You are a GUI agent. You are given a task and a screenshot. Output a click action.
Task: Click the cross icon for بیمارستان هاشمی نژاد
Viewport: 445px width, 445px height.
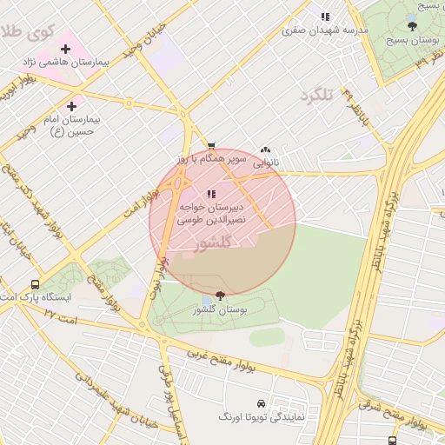66,49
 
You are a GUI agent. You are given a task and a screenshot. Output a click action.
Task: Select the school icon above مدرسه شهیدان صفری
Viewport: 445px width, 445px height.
325,17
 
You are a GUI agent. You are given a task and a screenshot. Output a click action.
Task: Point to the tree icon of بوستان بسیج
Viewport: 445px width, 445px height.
412,26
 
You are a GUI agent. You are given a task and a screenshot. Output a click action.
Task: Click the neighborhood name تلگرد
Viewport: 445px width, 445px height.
316,94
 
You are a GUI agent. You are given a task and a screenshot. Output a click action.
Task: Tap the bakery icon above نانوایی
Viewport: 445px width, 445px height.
265,149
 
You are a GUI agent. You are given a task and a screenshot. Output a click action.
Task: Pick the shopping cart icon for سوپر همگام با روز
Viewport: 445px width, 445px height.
211,147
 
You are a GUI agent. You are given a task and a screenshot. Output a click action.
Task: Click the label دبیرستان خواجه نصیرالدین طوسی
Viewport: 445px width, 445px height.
212,215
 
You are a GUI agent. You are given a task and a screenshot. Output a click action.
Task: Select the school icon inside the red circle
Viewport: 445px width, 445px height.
211,194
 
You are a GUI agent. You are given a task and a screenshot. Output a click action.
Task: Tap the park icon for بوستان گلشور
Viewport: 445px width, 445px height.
220,296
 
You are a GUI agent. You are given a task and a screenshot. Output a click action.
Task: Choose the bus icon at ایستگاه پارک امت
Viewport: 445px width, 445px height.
35,284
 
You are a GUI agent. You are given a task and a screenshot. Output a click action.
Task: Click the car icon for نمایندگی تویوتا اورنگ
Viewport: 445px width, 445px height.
262,404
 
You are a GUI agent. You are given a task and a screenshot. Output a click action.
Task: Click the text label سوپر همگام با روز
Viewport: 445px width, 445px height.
212,160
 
